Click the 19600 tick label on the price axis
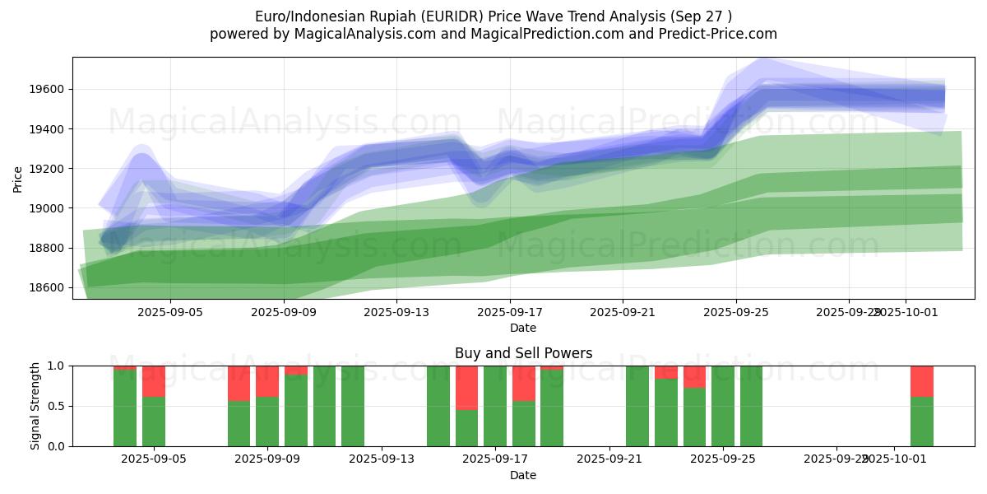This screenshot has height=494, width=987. [50, 90]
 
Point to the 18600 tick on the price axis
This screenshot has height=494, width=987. [50, 287]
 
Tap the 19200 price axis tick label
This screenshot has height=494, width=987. [50, 169]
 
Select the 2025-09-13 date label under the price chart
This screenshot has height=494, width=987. [396, 312]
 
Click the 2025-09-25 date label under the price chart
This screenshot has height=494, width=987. [736, 312]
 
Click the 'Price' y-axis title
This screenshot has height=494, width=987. [18, 179]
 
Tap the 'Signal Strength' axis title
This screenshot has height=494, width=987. [35, 406]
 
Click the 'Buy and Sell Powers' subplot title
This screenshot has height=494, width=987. [523, 353]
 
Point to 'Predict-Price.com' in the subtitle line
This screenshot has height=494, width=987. [721, 34]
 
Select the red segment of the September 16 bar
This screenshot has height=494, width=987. [466, 387]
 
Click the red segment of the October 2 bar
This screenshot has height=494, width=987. [921, 381]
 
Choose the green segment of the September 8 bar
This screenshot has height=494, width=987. [239, 423]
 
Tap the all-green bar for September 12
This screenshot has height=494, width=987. [353, 406]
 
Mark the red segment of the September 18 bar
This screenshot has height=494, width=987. [524, 383]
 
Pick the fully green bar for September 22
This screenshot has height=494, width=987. [637, 406]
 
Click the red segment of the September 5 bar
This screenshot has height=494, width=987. [154, 381]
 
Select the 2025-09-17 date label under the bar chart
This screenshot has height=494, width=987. [496, 459]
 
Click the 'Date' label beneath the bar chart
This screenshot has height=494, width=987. [523, 475]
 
